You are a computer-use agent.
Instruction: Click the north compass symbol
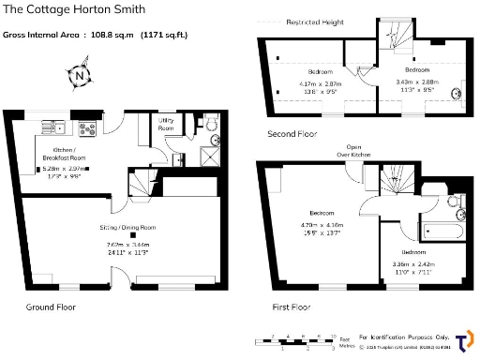click(82, 75)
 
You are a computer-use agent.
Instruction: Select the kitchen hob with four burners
click(89, 128)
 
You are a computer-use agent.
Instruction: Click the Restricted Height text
click(314, 22)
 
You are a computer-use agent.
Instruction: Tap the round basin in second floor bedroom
click(456, 93)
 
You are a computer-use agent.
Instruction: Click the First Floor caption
click(288, 307)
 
